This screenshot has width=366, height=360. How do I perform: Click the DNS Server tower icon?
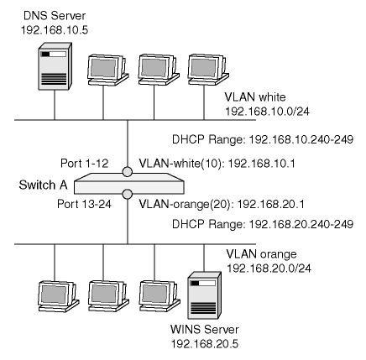[x=55, y=66]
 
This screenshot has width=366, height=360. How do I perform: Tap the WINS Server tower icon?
[x=204, y=295]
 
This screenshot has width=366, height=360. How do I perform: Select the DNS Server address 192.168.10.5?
[x=55, y=30]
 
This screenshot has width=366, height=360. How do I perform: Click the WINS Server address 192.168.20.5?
[x=205, y=344]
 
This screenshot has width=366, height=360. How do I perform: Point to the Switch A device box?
[x=128, y=184]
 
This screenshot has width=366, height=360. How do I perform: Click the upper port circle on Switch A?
[x=128, y=172]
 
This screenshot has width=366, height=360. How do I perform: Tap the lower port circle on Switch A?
[x=128, y=194]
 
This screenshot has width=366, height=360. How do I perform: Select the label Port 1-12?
[x=85, y=164]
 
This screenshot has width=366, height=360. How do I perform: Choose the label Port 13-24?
[x=84, y=204]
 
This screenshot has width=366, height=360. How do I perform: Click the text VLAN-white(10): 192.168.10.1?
[x=217, y=164]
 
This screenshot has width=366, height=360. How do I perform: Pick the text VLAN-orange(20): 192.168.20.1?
[x=222, y=204]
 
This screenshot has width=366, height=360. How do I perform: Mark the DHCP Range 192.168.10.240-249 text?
[x=263, y=139]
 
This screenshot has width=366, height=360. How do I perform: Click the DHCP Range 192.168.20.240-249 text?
[x=263, y=224]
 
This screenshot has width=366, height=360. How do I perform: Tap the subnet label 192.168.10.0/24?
[x=268, y=112]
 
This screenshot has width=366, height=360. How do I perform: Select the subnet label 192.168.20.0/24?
[x=269, y=269]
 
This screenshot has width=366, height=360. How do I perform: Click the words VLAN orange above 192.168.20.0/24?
[x=261, y=254]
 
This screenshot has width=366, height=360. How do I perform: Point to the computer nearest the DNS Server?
[x=107, y=70]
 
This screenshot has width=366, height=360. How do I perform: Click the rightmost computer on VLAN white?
[x=208, y=70]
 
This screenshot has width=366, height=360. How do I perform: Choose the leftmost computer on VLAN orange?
[x=59, y=296]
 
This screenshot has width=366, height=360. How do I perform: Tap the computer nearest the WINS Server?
[x=159, y=296]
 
